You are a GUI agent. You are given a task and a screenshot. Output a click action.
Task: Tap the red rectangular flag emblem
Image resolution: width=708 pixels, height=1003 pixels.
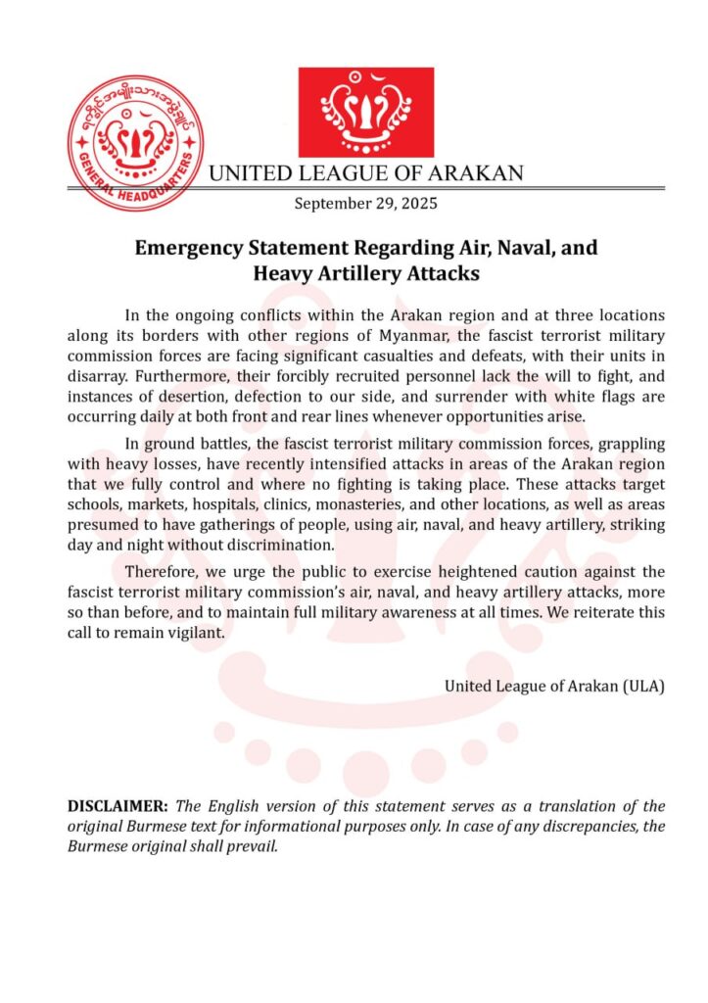[x=365, y=113]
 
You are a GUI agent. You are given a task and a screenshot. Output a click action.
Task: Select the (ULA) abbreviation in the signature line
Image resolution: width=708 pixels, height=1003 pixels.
[x=643, y=686]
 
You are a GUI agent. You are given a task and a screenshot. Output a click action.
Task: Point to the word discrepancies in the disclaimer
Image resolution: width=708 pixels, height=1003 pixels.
[x=571, y=828]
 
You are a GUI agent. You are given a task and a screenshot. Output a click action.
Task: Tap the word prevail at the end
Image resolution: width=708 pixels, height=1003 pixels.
[x=256, y=847]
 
